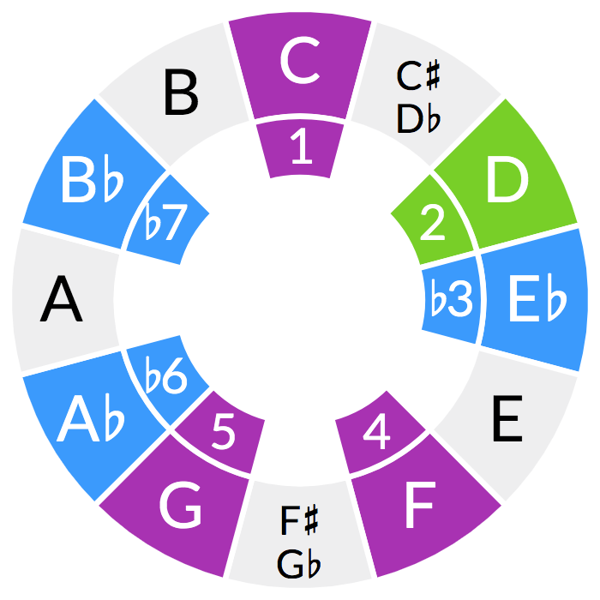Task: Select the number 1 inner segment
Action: coord(301,147)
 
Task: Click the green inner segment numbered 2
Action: coord(433,223)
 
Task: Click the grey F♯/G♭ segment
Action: coord(301,540)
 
